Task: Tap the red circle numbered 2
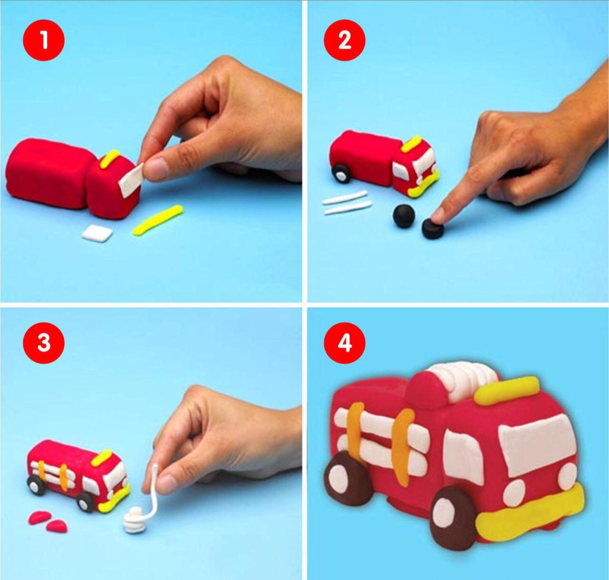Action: coord(344,41)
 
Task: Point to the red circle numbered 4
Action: coord(344,344)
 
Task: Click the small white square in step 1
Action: coord(96,234)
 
